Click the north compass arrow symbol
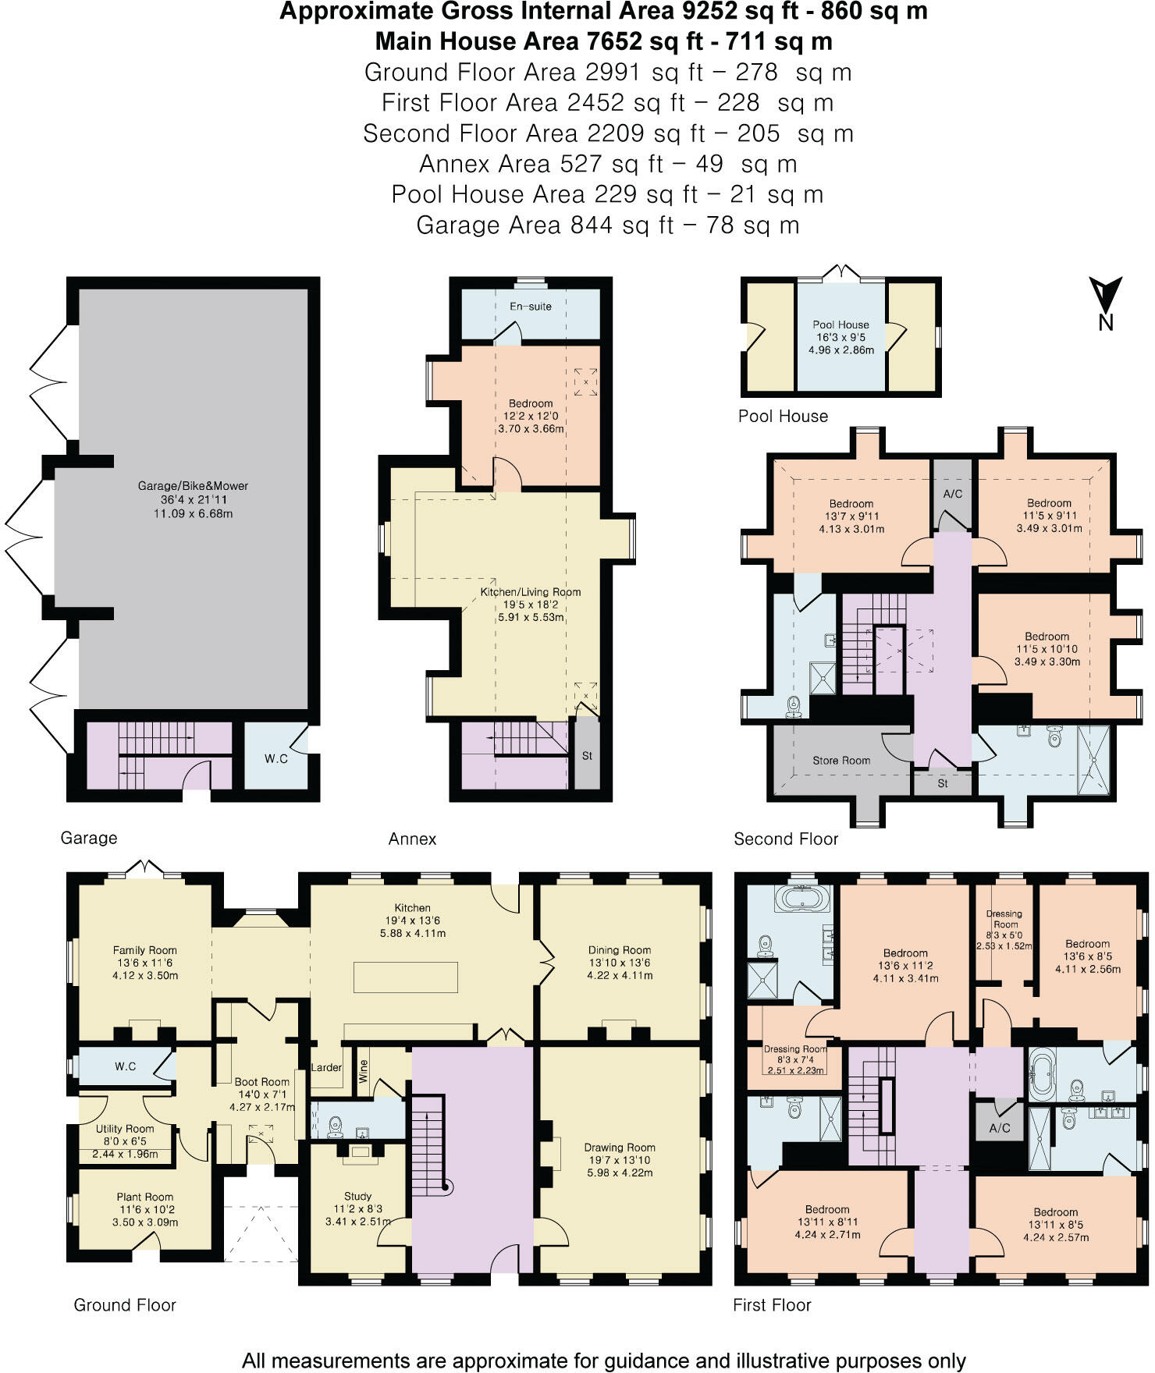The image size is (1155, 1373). tap(1106, 295)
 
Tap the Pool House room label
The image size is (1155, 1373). tap(840, 325)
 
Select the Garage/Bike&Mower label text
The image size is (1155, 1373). tap(193, 486)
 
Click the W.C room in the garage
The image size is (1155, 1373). tap(275, 757)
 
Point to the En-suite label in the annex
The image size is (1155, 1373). tap(531, 307)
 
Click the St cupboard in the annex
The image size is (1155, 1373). tap(587, 755)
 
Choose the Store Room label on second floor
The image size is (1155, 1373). tap(841, 761)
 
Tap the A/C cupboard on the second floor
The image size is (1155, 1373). tap(953, 494)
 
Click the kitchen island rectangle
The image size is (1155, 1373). tap(406, 977)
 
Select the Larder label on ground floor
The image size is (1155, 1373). tap(326, 1067)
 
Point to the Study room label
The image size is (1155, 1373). tap(357, 1196)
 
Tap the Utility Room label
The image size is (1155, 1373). tap(125, 1129)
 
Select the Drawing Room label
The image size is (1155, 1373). tap(620, 1148)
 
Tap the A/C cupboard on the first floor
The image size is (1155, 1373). tap(1000, 1128)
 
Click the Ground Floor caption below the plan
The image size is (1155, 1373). tap(125, 1305)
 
